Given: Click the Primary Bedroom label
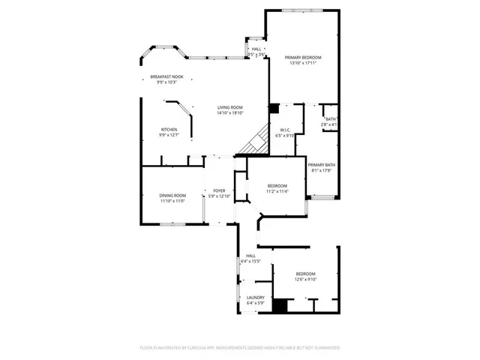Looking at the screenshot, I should [302, 58].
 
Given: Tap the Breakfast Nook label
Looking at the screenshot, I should [166, 76].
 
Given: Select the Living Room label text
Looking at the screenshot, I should [230, 107].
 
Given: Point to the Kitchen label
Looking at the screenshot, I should [168, 130].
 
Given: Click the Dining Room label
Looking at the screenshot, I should [172, 196].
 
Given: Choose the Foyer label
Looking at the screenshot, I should [220, 191].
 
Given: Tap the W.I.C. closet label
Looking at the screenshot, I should [285, 130].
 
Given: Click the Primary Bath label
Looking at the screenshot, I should [321, 165].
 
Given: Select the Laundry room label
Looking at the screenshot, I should [255, 297].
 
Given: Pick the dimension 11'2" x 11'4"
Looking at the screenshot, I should [278, 191].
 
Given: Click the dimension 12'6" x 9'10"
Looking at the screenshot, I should [306, 279].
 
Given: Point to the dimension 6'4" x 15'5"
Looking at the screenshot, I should [250, 261].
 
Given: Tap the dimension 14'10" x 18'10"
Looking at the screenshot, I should [230, 113].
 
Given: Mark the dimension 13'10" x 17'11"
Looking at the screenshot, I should [302, 64].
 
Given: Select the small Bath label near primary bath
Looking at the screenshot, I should [330, 119].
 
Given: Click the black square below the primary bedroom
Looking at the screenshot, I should [274, 108].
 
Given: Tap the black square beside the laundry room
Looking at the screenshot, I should [280, 306].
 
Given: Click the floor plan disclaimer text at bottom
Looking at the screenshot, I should [240, 348].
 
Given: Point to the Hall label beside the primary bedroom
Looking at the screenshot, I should [256, 49].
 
